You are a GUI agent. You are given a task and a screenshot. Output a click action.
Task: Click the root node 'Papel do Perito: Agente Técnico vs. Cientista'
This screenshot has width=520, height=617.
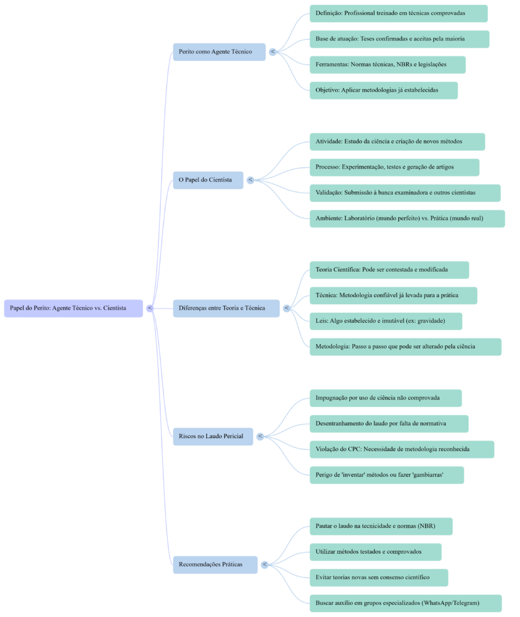coord(74,308)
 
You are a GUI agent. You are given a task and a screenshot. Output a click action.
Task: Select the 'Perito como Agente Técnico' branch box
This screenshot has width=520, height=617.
coord(219,52)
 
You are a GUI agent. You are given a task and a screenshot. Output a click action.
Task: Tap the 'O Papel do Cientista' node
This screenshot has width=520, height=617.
coord(208,180)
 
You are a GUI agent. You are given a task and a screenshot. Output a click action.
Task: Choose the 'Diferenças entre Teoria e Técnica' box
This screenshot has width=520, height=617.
coord(227,308)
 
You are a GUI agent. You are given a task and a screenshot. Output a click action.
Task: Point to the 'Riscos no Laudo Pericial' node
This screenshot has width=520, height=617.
coord(213,436)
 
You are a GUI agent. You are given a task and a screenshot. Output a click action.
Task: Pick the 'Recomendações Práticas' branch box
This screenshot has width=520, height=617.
coord(215,565)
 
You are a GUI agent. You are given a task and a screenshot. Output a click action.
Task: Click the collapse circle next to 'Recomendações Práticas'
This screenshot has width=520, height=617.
coord(264,565)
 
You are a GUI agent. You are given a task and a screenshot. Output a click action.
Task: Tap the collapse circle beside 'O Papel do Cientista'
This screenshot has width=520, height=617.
coord(250,180)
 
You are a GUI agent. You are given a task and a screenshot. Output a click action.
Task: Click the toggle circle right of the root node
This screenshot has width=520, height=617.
coord(150,308)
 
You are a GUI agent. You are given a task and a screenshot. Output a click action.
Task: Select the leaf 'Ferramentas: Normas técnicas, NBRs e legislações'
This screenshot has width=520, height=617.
coord(387,64)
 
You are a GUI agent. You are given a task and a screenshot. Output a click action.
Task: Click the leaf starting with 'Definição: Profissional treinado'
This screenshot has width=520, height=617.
coord(398,13)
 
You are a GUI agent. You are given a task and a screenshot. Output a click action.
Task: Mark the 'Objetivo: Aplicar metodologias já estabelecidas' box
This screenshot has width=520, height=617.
coord(384,90)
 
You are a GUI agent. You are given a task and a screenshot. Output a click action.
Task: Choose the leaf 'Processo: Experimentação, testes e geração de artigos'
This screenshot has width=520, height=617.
coord(395,168)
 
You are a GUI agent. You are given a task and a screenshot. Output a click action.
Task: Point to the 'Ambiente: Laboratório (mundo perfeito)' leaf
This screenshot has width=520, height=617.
coord(407,219)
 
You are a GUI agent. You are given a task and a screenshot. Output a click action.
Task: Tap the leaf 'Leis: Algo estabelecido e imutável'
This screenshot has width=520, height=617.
coord(386,321)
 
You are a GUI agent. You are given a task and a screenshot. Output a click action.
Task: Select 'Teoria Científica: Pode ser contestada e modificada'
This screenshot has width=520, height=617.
coord(389,270)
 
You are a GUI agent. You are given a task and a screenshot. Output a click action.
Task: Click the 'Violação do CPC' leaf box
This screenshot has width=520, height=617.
coord(402,449)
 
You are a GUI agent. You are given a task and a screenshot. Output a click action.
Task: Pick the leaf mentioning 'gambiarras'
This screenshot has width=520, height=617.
coord(387,475)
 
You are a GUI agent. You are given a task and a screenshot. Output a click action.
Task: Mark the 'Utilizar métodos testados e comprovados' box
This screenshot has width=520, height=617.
coord(375,552)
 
